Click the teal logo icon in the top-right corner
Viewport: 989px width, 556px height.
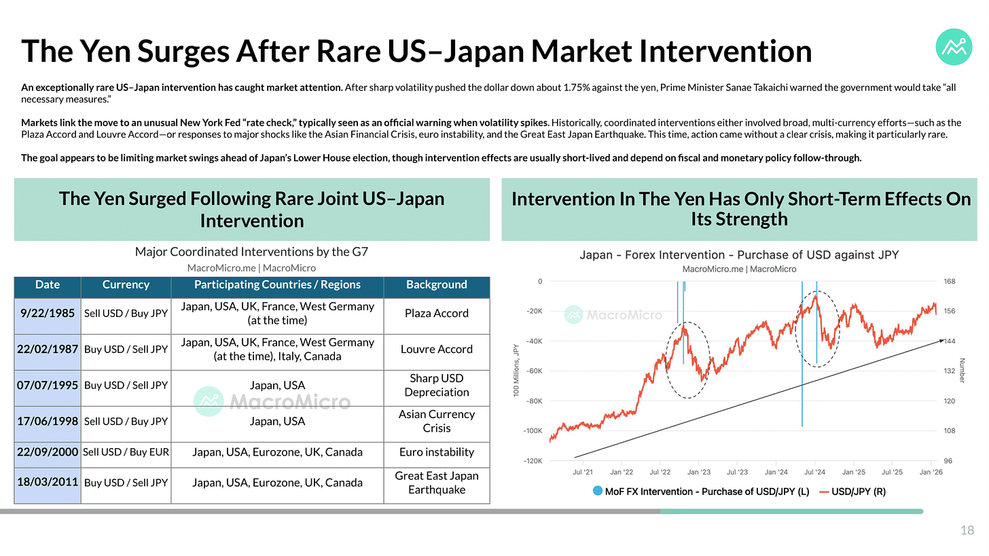954,46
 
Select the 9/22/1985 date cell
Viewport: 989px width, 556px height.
48,314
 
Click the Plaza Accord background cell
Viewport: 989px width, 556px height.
437,314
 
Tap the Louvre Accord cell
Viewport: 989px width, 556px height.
437,350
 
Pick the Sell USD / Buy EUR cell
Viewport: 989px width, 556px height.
126,453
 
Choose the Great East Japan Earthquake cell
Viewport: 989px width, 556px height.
437,483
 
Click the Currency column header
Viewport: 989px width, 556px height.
126,285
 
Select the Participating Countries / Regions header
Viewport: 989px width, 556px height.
277,285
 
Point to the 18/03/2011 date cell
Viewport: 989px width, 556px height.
48,483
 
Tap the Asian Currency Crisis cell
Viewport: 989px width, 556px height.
437,421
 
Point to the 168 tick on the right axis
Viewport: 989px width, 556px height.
949,282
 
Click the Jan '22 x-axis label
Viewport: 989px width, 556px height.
621,472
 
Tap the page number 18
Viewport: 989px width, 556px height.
967,531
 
